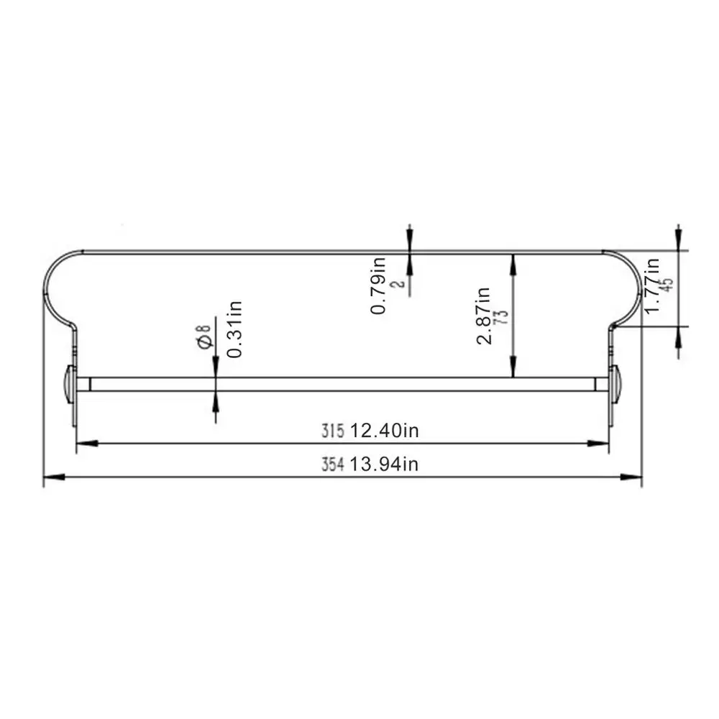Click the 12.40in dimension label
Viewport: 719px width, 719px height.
click(384, 431)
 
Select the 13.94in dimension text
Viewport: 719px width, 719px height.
click(384, 464)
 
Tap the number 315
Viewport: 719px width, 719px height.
click(332, 431)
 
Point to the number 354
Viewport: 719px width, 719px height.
click(332, 464)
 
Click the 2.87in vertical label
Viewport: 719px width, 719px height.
click(483, 316)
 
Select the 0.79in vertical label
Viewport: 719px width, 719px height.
click(378, 285)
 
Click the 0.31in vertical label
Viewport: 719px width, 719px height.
click(234, 329)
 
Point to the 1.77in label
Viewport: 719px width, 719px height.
click(651, 285)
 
